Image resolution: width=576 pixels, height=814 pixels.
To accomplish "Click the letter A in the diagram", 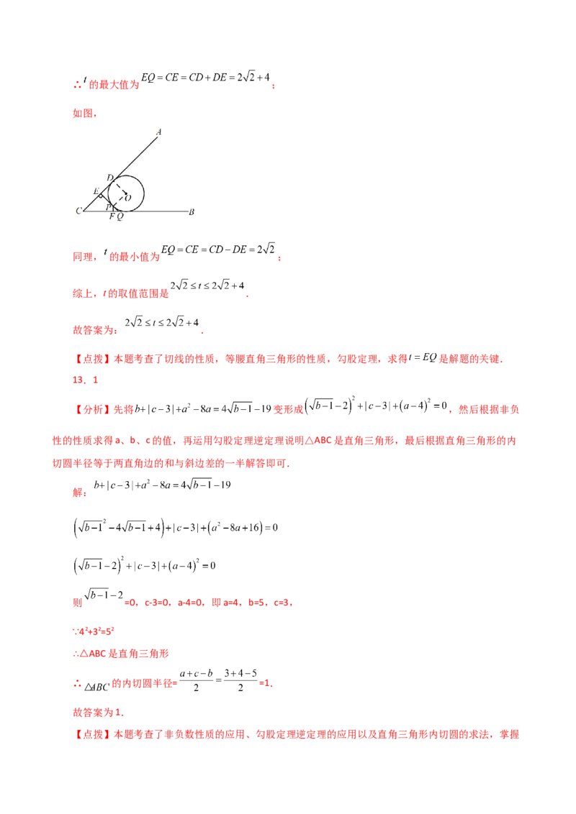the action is point(158,132).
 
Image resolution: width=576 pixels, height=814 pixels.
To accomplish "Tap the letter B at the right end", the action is point(191,211).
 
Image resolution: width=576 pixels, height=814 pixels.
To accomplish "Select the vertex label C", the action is point(78,211).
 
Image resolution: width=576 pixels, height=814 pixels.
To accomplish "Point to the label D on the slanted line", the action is point(109,177).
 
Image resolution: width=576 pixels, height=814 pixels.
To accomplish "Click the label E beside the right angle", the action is point(96,191).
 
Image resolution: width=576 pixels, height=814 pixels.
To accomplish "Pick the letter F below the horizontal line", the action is point(111,216).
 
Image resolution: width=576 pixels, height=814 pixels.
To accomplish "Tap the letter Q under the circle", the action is point(120,216).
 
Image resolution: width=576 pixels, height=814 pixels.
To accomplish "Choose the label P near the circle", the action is point(108,206).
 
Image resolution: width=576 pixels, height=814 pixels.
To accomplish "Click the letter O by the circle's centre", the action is point(128,197).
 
